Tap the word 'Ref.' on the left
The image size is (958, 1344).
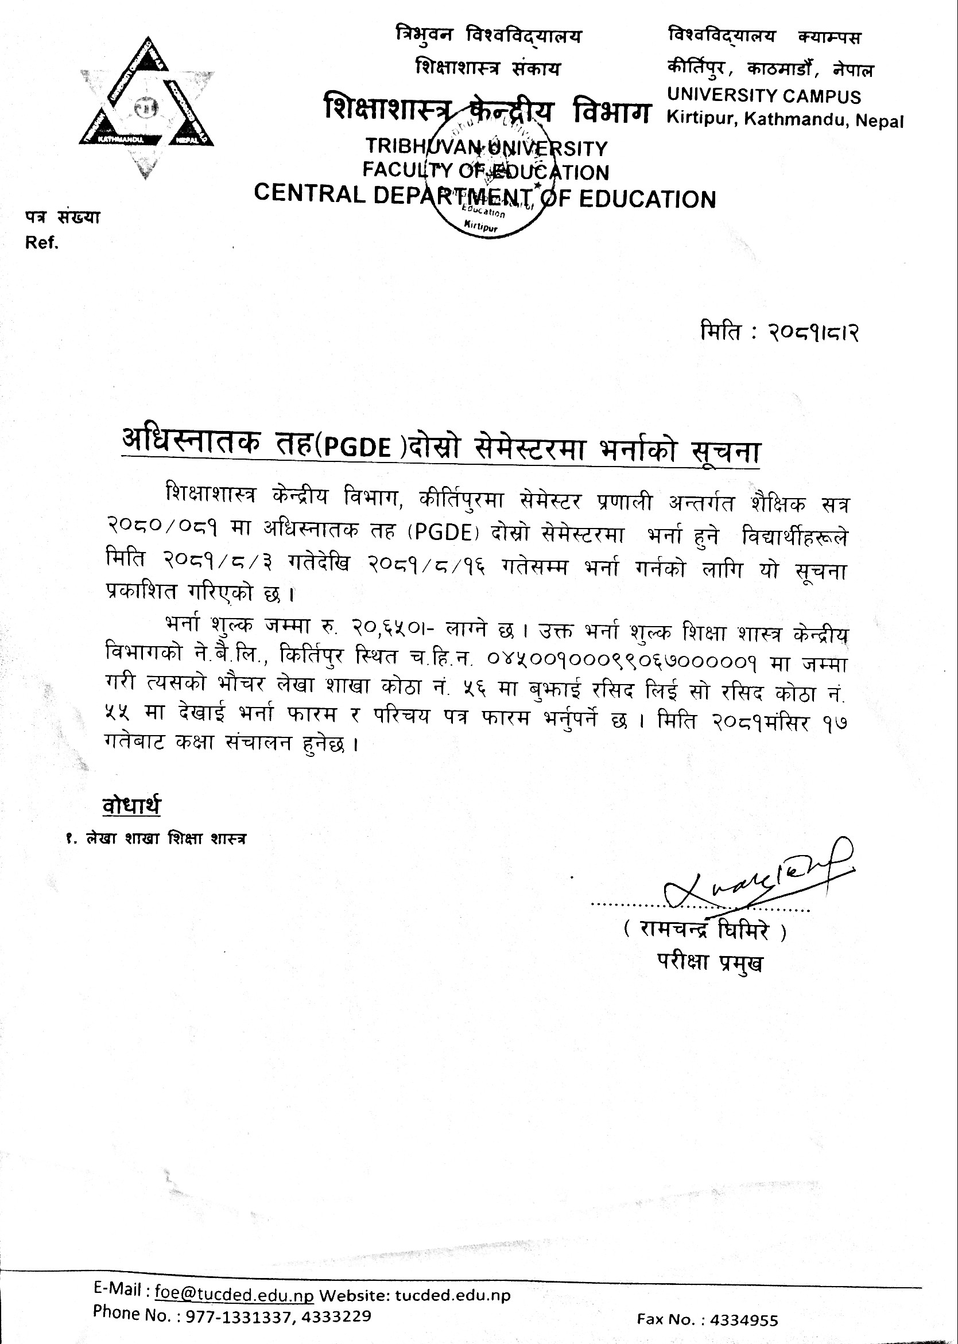(41, 243)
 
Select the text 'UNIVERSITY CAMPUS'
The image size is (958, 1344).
(764, 95)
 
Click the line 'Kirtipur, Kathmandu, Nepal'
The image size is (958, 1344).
(785, 121)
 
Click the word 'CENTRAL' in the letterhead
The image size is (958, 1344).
(309, 195)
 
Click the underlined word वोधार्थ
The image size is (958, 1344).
(131, 806)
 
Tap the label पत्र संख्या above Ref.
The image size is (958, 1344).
(62, 217)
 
